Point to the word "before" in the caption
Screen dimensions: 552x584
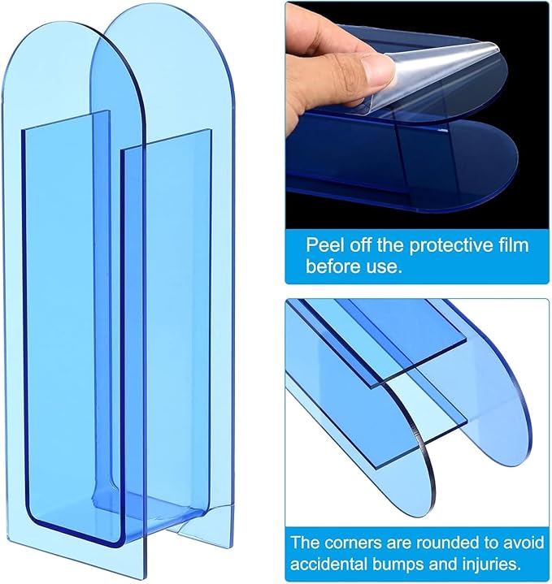(332, 266)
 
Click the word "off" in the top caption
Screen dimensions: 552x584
(359, 246)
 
